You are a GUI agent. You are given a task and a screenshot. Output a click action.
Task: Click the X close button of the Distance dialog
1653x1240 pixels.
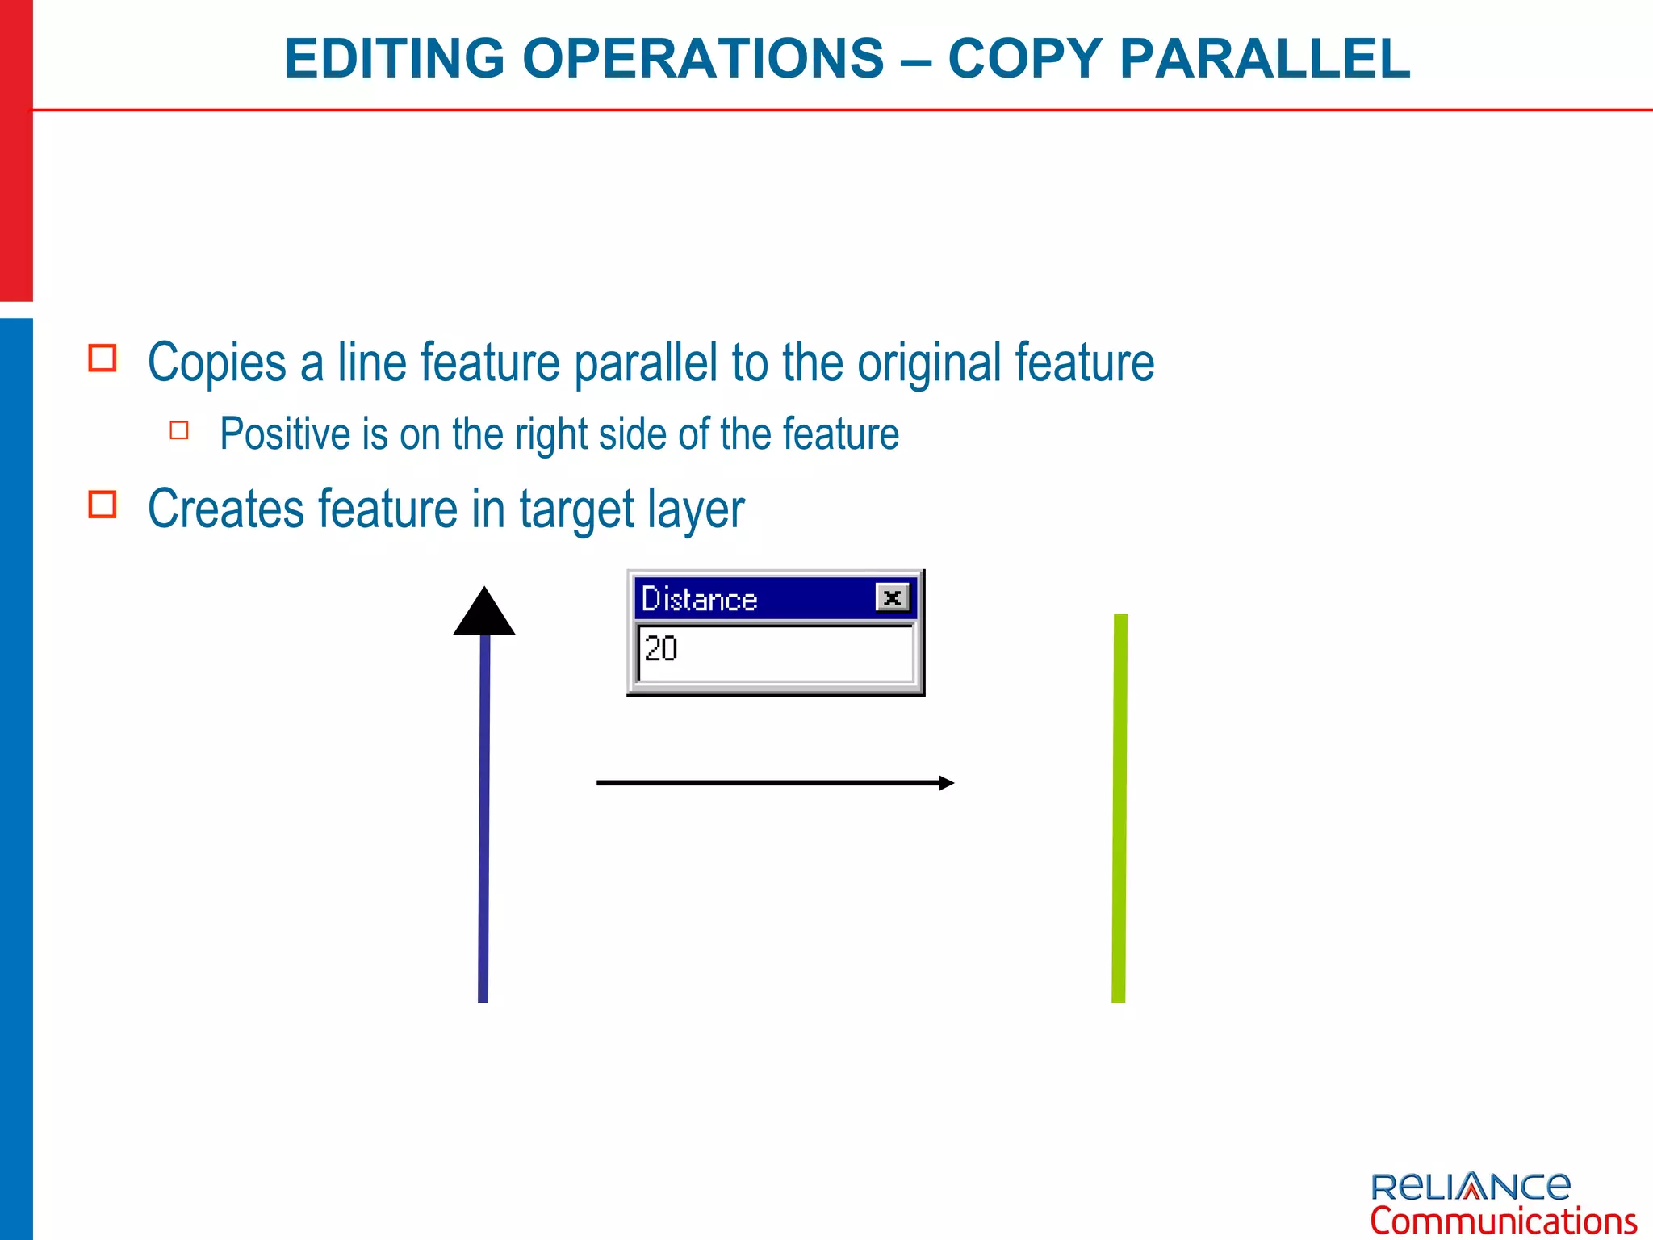tap(892, 598)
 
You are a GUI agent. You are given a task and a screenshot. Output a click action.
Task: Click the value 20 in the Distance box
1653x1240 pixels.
tap(661, 649)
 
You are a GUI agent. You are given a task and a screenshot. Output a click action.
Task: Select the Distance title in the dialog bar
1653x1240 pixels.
tap(699, 600)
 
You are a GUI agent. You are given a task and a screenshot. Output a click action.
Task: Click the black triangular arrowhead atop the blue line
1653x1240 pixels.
tap(484, 614)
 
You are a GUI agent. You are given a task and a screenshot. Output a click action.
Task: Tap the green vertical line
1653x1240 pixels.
tap(1119, 807)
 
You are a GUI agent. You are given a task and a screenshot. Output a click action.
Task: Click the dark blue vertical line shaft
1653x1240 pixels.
tap(484, 815)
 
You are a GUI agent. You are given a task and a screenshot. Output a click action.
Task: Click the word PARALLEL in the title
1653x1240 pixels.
tap(1265, 59)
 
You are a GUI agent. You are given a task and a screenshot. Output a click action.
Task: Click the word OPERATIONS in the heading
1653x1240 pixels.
tap(703, 59)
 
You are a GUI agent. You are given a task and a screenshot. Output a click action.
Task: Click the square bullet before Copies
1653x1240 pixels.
tap(103, 358)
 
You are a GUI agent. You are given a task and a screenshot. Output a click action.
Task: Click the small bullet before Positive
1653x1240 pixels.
tap(179, 430)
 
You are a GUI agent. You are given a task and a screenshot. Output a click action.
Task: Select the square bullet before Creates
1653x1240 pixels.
tap(103, 504)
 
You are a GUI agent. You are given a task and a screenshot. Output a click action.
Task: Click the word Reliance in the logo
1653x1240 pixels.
tap(1471, 1186)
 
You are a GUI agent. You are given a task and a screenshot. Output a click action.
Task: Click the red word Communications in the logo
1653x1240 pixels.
tap(1503, 1221)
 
